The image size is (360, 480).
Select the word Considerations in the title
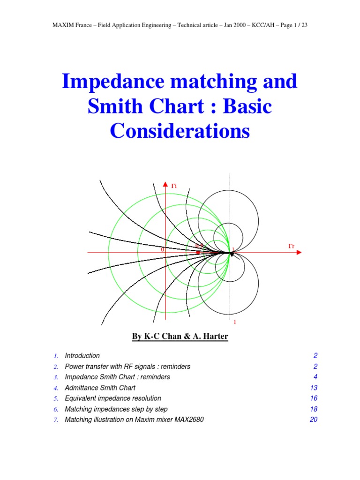tap(180, 131)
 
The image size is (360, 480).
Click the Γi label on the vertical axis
tap(173, 186)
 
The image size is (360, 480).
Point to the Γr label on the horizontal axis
tap(291, 246)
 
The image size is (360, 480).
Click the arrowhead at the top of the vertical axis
tap(165, 184)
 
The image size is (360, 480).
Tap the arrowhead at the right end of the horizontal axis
tap(299, 253)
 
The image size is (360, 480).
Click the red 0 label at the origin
tap(163, 250)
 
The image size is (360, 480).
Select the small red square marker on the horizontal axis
tap(198, 253)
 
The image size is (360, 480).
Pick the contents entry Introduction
tap(82, 356)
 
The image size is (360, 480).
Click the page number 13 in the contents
tap(314, 388)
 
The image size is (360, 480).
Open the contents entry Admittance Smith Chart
tap(100, 388)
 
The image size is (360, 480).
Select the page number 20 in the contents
tap(314, 420)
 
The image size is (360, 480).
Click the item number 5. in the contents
tap(56, 398)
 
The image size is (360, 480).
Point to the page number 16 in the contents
tap(314, 398)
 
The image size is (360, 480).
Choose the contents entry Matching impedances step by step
tap(116, 409)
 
